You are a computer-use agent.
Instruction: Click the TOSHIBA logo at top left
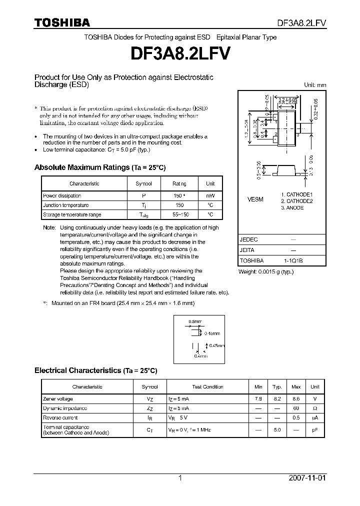61,22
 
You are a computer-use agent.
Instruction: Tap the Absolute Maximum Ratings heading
99,167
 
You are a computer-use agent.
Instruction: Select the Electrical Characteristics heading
95,370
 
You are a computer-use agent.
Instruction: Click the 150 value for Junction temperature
179,205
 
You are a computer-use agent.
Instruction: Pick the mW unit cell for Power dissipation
210,196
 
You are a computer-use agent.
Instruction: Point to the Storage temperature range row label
72,214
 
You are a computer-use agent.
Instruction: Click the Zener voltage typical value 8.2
277,398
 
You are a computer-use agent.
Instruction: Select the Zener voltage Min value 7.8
258,398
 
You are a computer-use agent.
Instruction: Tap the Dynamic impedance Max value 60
296,408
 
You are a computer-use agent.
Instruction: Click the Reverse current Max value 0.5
296,417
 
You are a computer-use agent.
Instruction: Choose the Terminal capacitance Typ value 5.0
277,430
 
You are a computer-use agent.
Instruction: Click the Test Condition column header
207,387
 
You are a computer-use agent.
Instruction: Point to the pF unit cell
315,430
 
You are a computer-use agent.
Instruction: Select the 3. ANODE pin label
292,207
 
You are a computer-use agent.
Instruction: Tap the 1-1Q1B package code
293,260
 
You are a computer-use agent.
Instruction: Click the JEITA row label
247,250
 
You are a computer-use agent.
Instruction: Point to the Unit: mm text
315,85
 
